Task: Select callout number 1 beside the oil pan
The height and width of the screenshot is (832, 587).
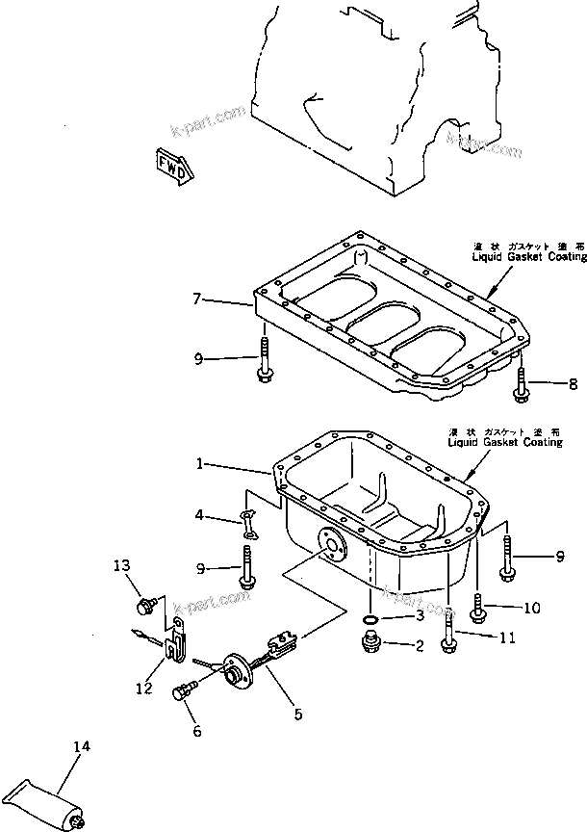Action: [x=199, y=464]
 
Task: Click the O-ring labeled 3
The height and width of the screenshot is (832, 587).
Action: [x=369, y=617]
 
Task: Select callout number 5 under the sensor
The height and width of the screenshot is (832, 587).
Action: [x=297, y=714]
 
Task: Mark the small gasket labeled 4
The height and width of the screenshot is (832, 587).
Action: [x=248, y=521]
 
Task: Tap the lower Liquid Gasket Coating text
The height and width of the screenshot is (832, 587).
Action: [x=498, y=441]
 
